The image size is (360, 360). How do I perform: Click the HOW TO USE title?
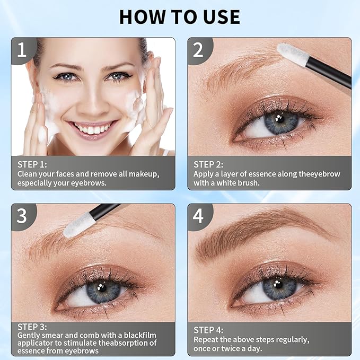coord(179,16)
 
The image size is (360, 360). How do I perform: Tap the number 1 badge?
coord(22,50)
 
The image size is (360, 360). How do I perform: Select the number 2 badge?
coord(198,50)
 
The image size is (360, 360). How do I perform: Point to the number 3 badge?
coord(22,216)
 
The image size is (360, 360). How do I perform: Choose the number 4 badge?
coord(198,216)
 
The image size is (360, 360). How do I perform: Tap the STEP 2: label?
coord(208,164)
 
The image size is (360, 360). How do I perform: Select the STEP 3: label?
coord(32,327)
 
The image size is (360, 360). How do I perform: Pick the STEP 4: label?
coord(208,330)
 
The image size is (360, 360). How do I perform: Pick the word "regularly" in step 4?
coord(289,339)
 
